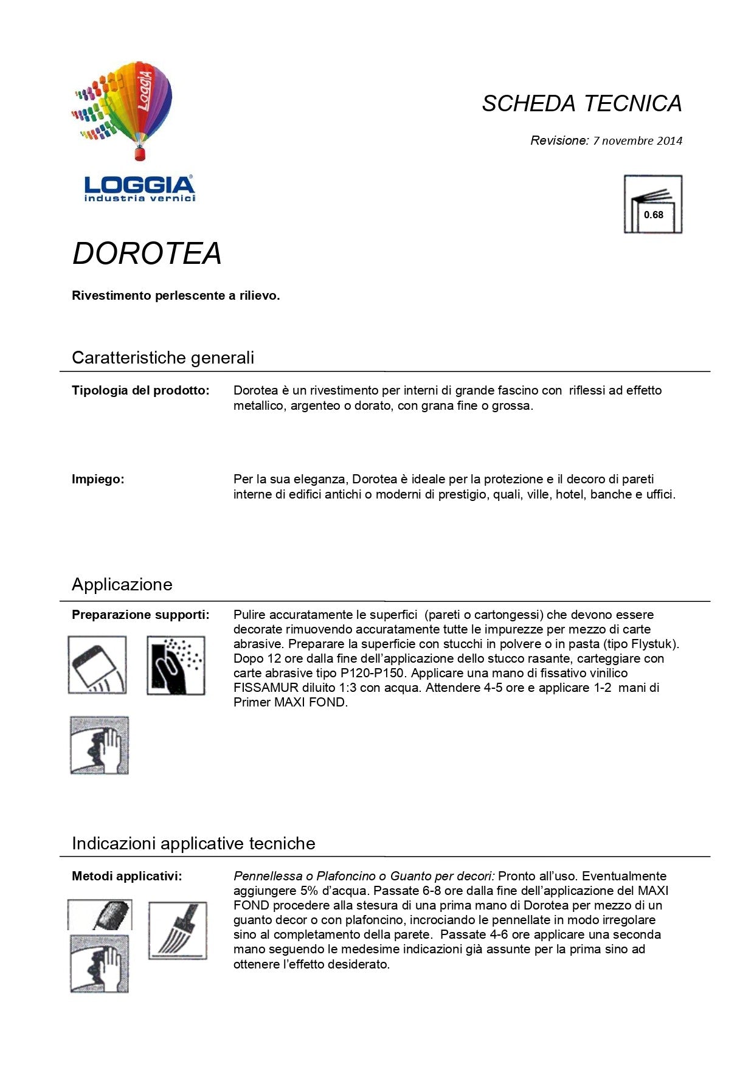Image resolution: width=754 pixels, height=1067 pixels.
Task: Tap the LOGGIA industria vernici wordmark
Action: point(139,188)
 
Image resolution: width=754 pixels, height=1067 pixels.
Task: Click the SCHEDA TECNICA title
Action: point(581,103)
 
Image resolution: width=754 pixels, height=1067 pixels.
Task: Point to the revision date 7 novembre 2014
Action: point(637,141)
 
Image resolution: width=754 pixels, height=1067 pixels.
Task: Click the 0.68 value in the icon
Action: point(654,215)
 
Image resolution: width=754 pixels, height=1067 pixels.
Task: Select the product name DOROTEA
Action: point(147,254)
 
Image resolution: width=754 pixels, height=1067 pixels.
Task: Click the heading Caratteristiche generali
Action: point(163,357)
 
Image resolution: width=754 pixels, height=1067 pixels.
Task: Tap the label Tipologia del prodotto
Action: point(140,390)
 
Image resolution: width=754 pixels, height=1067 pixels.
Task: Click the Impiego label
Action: point(98,479)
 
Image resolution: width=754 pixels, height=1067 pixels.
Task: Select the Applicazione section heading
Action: point(122,584)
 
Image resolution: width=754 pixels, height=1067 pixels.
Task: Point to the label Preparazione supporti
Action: point(140,615)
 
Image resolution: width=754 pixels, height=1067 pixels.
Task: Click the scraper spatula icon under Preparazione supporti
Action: point(97,665)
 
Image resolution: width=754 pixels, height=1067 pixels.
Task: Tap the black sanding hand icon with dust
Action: point(176,665)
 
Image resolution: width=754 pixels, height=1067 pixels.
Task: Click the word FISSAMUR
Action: point(266,688)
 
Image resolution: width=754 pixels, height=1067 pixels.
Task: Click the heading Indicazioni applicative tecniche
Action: point(193,843)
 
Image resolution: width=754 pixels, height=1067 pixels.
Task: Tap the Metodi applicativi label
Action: point(126,876)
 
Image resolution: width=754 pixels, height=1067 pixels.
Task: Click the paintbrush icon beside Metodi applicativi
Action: point(178,931)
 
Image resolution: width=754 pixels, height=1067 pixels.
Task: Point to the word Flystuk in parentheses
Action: point(654,644)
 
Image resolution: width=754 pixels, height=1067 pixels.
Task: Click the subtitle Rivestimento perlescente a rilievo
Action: point(176,296)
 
